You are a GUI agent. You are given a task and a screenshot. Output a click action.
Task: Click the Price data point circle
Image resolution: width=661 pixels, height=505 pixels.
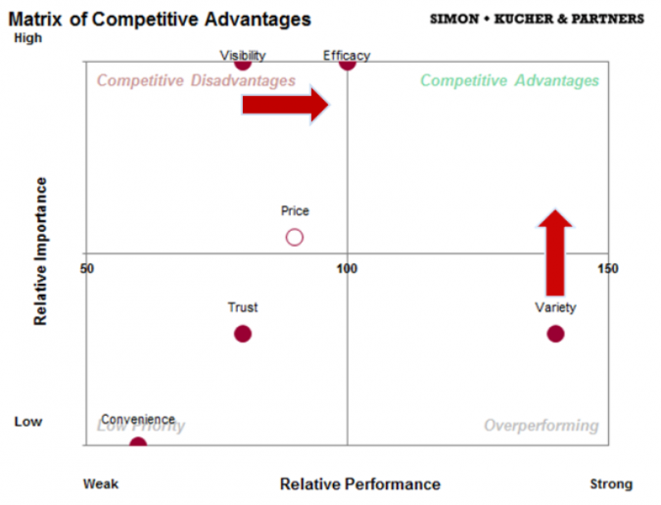(295, 237)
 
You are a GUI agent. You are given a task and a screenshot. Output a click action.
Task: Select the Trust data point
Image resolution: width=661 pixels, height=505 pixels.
(243, 334)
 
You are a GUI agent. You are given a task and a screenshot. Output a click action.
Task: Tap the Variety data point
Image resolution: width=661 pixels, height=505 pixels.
(555, 334)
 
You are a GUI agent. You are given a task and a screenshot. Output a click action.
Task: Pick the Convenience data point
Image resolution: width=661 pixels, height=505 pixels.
(138, 444)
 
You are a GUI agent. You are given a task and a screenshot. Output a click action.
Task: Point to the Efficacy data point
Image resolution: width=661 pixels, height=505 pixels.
(347, 64)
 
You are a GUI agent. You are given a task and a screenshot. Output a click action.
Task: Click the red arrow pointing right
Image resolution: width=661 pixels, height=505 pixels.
(286, 104)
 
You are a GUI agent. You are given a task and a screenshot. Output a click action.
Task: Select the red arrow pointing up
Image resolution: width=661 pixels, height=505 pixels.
(556, 252)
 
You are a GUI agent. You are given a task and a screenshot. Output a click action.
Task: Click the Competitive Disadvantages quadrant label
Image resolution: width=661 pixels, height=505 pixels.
(196, 80)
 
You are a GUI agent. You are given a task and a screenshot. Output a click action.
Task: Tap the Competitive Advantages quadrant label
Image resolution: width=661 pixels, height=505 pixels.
(509, 80)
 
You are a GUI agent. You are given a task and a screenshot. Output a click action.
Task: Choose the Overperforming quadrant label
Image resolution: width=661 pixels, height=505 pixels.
(541, 426)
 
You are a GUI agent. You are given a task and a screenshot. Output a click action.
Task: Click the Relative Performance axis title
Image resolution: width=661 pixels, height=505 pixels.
(359, 483)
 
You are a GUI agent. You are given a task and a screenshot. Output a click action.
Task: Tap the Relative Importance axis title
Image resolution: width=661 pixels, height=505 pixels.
(41, 252)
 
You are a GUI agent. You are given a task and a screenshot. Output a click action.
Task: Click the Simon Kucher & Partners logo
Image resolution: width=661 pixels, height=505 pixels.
(537, 19)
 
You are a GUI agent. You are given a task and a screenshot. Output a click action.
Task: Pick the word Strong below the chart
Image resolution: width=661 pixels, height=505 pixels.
(611, 483)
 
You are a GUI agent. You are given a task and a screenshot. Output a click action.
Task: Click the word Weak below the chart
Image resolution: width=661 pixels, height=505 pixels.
(101, 483)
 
